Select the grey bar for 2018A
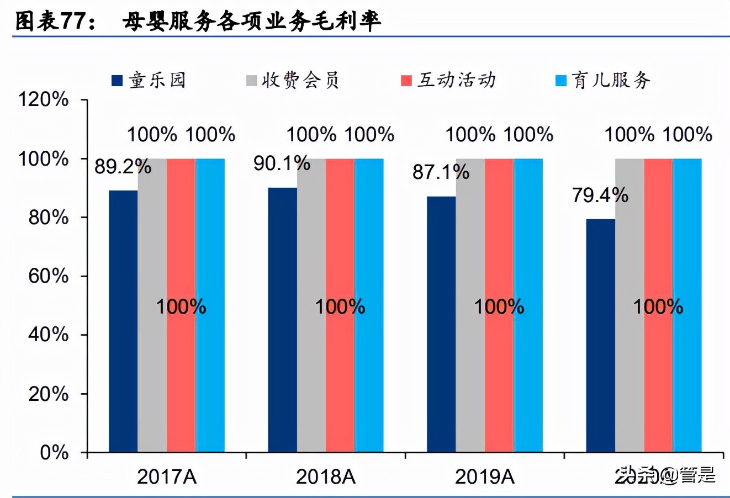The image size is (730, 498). [x=311, y=305]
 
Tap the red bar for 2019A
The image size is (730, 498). [x=499, y=305]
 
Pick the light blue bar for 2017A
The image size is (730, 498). [x=210, y=305]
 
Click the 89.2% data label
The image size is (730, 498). [x=123, y=166]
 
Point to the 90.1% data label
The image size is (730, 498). [x=282, y=163]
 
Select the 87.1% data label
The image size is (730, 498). [x=441, y=172]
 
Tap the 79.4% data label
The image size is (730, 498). [x=600, y=195]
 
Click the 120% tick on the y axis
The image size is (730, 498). [x=44, y=100]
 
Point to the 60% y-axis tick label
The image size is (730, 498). [x=49, y=276]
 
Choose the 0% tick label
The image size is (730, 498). [x=54, y=453]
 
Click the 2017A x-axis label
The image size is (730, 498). [x=167, y=476]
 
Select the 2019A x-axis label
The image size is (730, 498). [x=485, y=476]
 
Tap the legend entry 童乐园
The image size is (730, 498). [x=149, y=81]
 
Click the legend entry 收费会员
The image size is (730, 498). [x=293, y=81]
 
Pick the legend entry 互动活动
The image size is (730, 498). [x=448, y=81]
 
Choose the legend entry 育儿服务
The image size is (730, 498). [x=603, y=81]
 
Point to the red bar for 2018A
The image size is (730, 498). [x=340, y=305]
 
